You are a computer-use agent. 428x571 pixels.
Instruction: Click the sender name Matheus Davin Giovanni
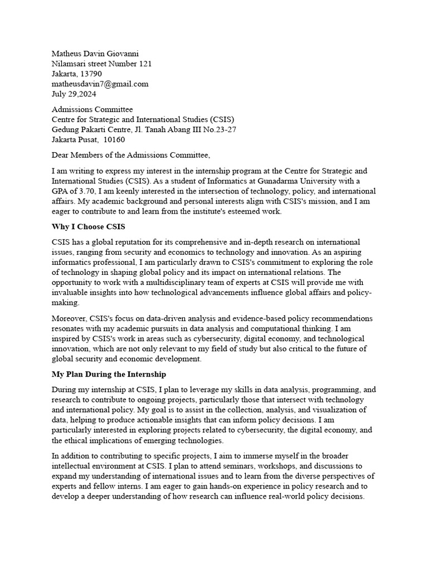pos(95,54)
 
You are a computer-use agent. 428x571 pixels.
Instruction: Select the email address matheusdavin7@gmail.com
pos(100,84)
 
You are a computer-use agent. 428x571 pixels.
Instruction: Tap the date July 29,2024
pos(74,94)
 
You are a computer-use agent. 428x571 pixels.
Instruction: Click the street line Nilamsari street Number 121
pos(101,64)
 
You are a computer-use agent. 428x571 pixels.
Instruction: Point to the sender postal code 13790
pos(90,74)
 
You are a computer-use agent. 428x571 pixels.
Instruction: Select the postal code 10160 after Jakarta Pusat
pos(114,139)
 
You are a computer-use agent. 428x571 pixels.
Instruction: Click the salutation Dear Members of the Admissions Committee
pos(131,155)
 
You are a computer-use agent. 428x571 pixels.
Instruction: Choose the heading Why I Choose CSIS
pos(89,226)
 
